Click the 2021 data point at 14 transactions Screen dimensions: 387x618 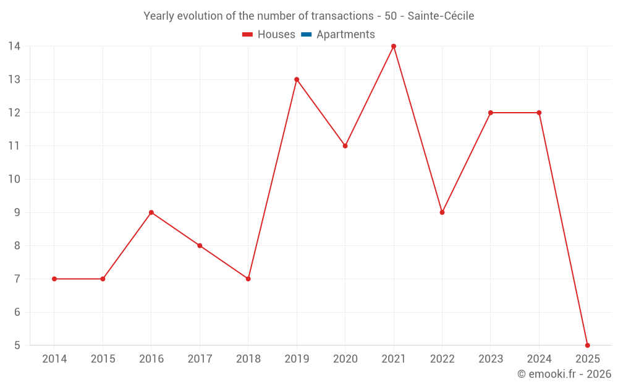point(394,46)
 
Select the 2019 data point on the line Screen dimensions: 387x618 point(297,79)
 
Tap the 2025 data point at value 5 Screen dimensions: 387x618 point(587,345)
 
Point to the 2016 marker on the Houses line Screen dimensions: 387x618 point(151,212)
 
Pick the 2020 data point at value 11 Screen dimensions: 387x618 point(345,146)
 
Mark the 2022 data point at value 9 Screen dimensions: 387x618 point(442,212)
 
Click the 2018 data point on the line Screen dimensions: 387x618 point(248,279)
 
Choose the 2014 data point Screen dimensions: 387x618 point(54,279)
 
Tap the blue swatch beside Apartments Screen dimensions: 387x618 point(306,35)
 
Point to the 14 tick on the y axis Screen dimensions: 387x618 point(14,46)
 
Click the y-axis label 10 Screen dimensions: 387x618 point(14,180)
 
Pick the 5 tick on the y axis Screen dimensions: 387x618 point(17,346)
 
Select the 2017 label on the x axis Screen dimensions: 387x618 point(200,359)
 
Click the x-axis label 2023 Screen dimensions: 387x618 point(491,359)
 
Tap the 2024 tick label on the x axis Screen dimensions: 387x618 point(539,359)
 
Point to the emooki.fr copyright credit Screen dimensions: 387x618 point(564,374)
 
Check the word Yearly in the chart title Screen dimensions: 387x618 point(159,16)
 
